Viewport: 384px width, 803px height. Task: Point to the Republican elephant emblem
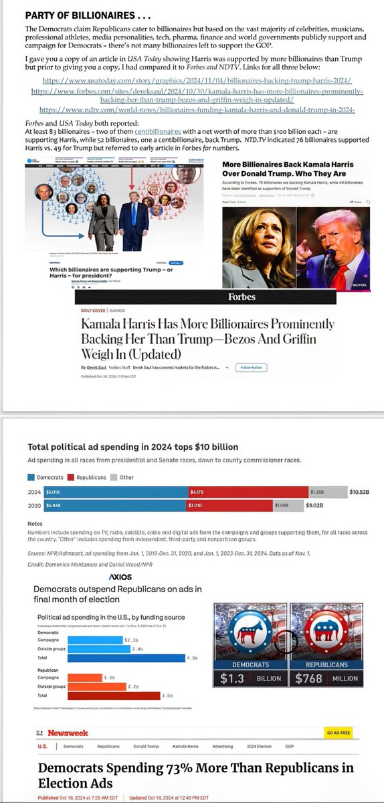coord(326,628)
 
